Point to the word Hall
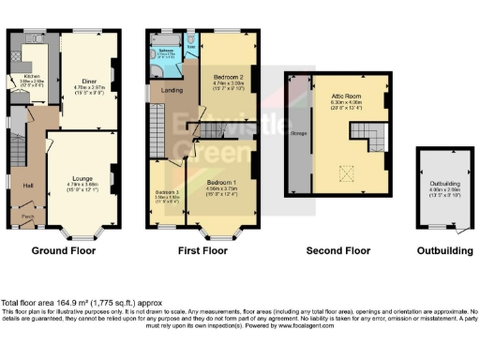(x=29, y=184)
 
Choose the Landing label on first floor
(x=172, y=91)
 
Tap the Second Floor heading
(x=338, y=251)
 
